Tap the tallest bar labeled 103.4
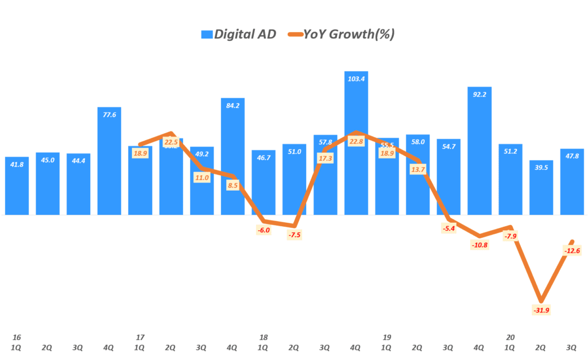point(356,144)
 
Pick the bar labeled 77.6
point(109,161)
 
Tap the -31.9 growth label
point(540,311)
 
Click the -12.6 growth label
point(571,250)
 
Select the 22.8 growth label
point(356,142)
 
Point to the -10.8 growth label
point(479,245)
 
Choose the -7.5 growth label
point(294,235)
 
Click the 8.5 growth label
point(233,186)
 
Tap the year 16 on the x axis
point(16,337)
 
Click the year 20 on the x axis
point(510,337)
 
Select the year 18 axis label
point(263,337)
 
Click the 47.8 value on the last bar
point(572,156)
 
